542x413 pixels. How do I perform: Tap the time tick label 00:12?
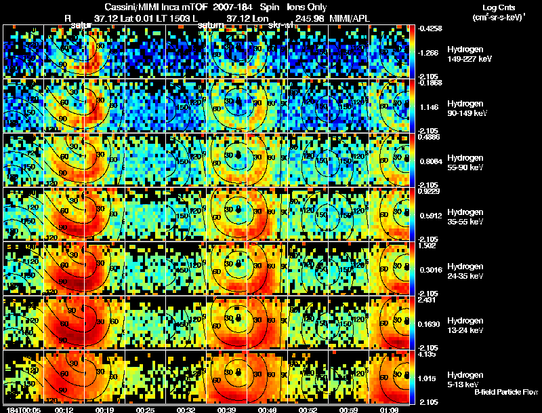pyautogui.click(x=64, y=410)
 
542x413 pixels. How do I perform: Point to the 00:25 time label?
pyautogui.click(x=144, y=410)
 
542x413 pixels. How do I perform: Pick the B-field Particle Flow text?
pyautogui.click(x=506, y=392)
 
